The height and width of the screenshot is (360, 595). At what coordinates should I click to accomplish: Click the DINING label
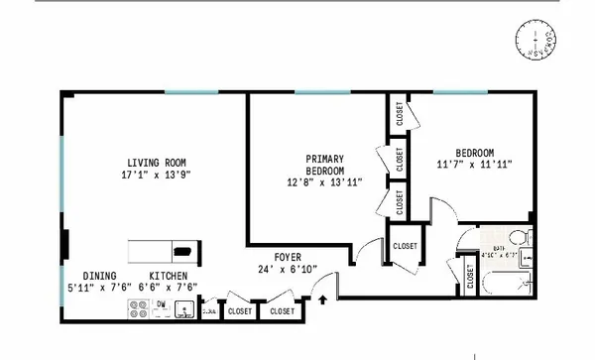99,276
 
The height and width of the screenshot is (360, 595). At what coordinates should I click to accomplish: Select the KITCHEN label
169,276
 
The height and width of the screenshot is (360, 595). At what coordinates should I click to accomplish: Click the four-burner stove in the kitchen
139,311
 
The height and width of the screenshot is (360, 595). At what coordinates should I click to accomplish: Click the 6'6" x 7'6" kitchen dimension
175,288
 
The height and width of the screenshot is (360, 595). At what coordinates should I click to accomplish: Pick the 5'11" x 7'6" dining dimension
99,288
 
